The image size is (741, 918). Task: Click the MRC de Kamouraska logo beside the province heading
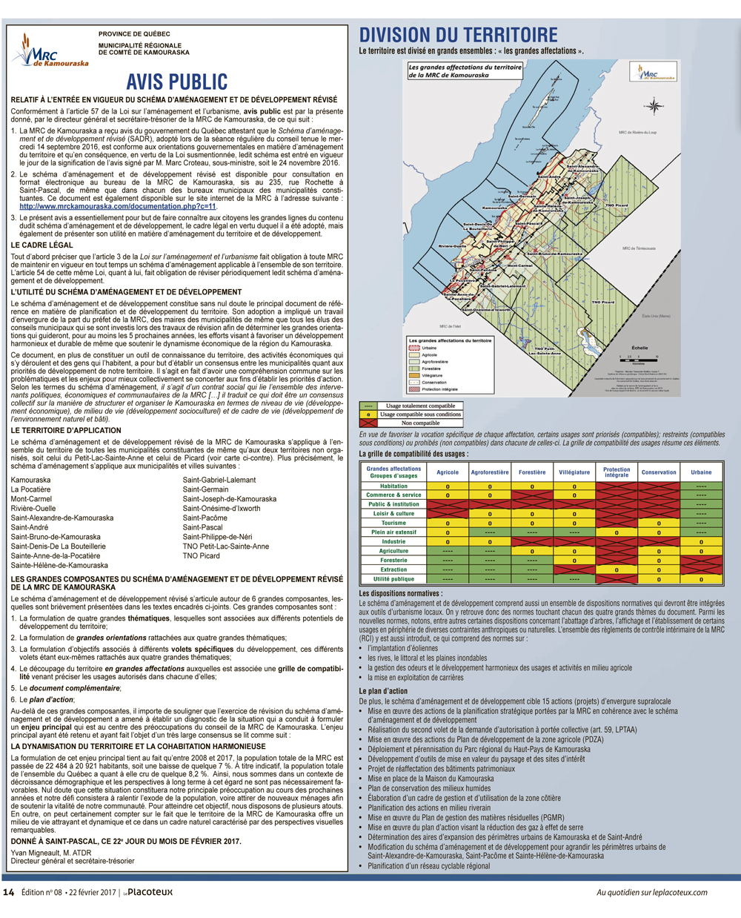coord(48,51)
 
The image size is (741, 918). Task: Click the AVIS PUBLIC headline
coord(176,82)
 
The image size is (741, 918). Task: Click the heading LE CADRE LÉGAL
coord(42,245)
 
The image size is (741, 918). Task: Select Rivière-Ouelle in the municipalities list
coord(33,509)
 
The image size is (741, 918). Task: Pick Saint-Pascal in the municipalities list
coord(202,527)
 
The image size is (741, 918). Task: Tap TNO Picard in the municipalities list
coord(201,555)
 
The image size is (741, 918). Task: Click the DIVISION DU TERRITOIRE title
coord(458,35)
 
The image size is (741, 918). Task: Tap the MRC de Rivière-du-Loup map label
coord(637,133)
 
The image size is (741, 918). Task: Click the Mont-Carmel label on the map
coord(519,265)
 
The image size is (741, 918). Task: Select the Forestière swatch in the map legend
coord(414,369)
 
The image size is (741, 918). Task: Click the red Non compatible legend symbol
coord(368,423)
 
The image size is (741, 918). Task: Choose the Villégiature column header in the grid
coord(574,472)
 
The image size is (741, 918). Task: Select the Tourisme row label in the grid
coord(393,523)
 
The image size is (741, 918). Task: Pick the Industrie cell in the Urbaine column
coord(701,541)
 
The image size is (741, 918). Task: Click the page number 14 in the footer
coord(9,892)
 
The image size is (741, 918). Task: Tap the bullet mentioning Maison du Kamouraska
coord(431,779)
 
